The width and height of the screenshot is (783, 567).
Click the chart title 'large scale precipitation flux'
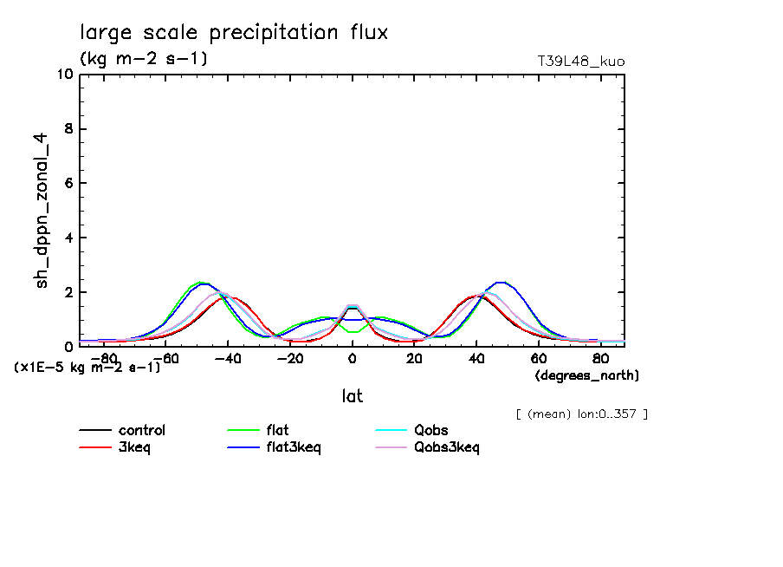(x=234, y=33)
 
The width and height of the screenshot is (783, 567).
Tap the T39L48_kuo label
(x=581, y=62)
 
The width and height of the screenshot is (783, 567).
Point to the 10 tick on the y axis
(x=64, y=75)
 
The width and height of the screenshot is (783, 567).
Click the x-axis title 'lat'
(x=352, y=396)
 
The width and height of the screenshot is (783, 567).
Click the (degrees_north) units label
(x=586, y=375)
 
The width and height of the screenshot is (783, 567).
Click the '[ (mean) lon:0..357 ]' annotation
(x=581, y=414)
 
